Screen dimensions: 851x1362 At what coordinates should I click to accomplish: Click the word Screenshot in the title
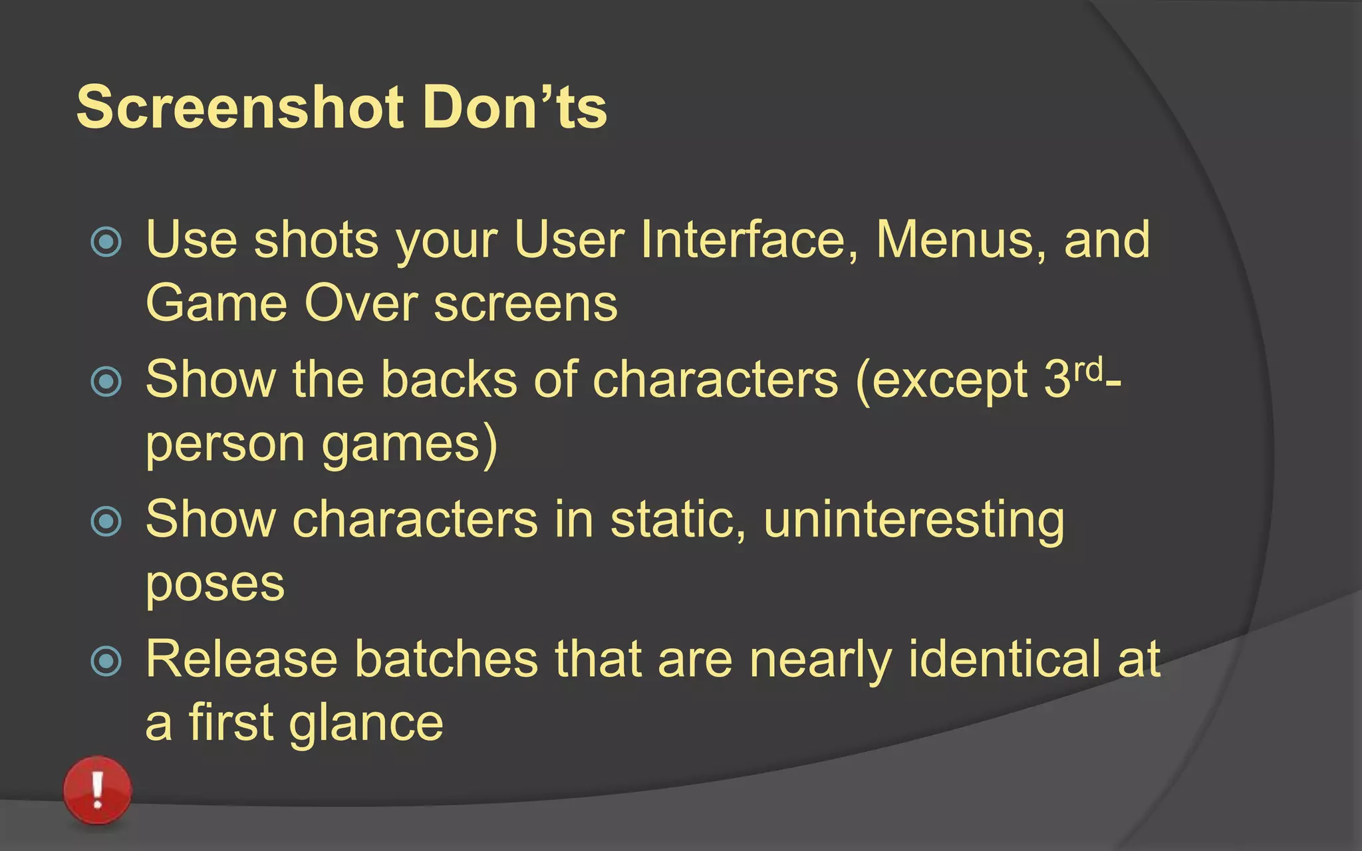[x=240, y=107]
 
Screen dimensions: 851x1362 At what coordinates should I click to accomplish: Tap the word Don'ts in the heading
[x=514, y=107]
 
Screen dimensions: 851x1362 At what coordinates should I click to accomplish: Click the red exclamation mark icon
[x=98, y=790]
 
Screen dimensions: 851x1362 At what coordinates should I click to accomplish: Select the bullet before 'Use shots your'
[x=106, y=241]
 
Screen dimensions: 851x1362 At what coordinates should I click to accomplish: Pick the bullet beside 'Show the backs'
[x=106, y=382]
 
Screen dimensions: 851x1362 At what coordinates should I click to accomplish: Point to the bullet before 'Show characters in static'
[x=106, y=521]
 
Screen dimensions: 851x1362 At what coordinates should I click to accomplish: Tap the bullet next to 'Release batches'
[x=106, y=661]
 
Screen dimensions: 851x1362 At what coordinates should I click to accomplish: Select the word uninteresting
[x=914, y=521]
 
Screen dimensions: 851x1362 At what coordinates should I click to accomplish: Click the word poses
[x=215, y=585]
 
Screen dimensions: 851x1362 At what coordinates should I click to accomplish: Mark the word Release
[x=241, y=659]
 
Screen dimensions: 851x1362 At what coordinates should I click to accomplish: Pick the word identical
[x=1004, y=659]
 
